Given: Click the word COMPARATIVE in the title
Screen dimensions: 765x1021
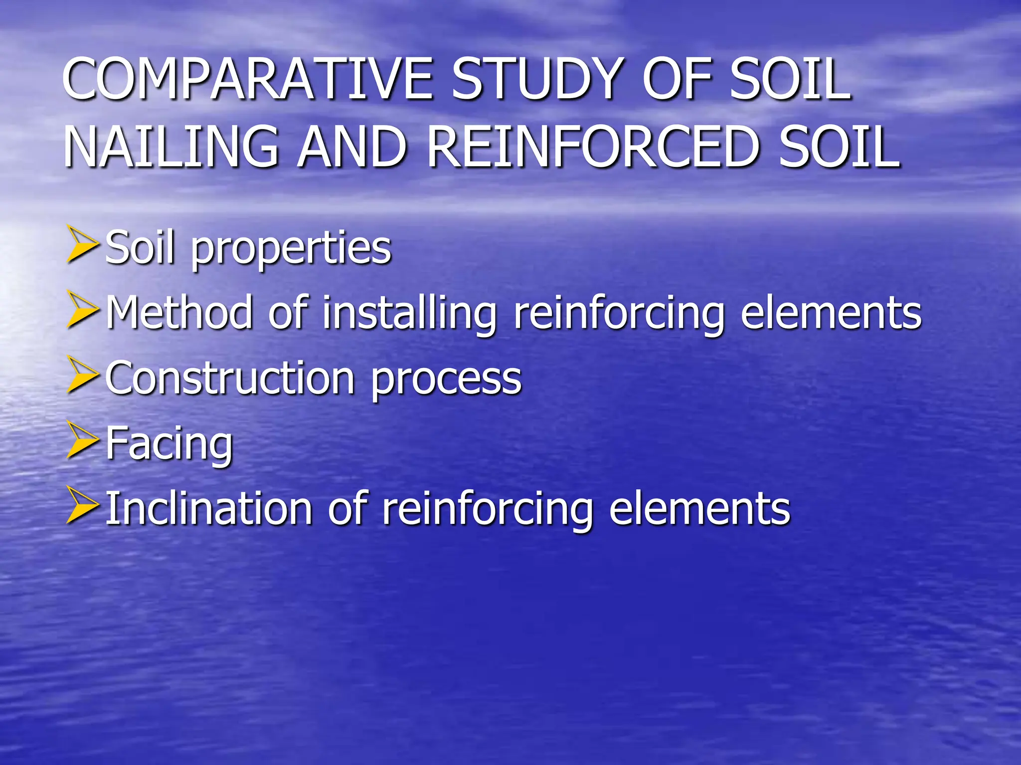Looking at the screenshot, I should pos(247,80).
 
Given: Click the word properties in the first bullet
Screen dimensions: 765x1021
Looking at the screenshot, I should pos(291,249).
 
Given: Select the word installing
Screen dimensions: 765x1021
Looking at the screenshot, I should pos(409,314).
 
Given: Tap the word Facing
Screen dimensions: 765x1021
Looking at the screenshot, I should pos(169,445).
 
